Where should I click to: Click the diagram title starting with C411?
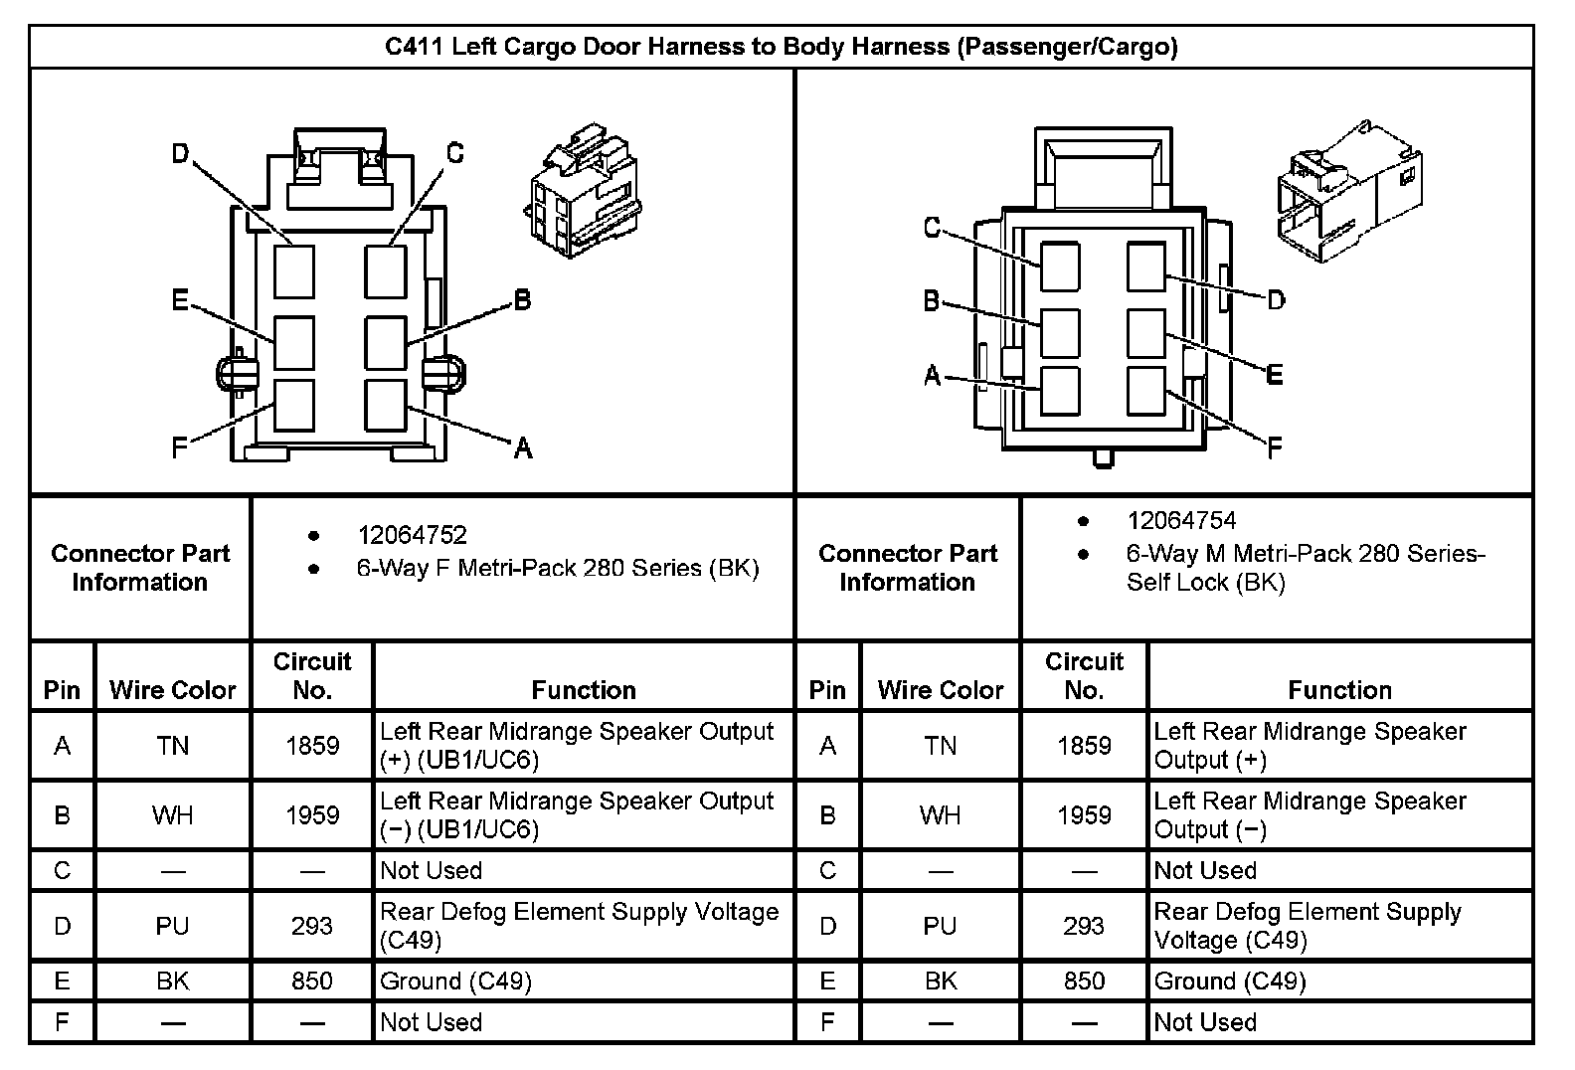coord(781,47)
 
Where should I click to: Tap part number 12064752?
coord(412,535)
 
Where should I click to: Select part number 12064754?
coord(1181,520)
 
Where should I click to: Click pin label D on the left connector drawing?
coord(180,154)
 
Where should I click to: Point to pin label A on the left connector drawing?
coord(523,449)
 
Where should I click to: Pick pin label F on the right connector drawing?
coord(1275,448)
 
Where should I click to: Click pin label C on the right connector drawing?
coord(932,228)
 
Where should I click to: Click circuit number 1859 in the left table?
coord(312,746)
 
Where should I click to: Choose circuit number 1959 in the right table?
coord(1084,815)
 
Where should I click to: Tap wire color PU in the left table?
coord(172,926)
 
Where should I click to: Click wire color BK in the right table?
coord(940,981)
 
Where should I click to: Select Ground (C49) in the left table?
coord(455,981)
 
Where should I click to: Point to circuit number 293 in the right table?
coord(1084,926)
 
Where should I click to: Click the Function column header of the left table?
coord(584,690)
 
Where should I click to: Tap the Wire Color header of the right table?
coord(941,690)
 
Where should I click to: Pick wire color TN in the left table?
coord(172,746)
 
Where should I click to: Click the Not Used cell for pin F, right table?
coord(1205,1022)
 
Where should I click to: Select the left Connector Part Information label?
coord(140,568)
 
